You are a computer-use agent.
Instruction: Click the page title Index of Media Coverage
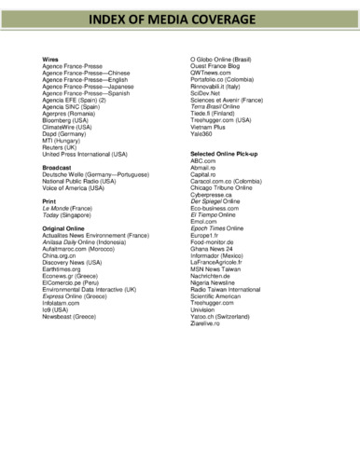[180, 19]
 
